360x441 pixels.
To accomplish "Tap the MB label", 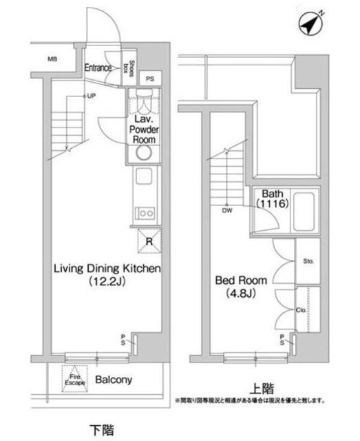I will click(52, 59).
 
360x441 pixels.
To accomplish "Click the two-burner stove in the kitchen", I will click(145, 212).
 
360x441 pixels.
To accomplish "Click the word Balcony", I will click(114, 380).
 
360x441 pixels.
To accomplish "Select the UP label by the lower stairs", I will click(91, 96).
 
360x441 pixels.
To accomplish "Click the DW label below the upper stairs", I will click(226, 212).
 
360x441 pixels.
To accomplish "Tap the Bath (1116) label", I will click(272, 200).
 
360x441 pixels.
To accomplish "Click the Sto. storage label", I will click(308, 262).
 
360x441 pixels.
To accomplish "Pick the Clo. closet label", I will click(301, 310).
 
